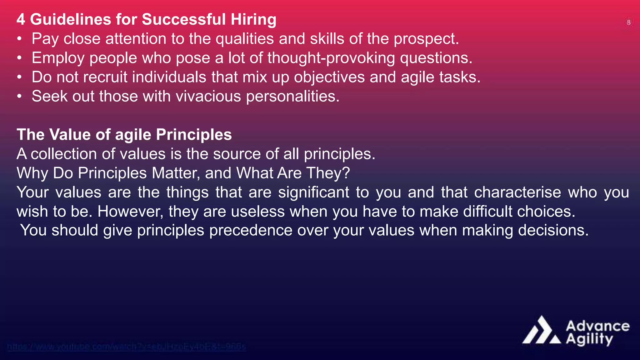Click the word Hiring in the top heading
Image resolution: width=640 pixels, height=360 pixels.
point(253,19)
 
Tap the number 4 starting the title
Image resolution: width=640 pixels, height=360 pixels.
point(21,19)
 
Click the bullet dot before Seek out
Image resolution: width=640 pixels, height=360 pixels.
point(19,97)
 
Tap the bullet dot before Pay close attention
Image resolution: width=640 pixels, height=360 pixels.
point(19,39)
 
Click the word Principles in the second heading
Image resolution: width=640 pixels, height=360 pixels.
point(194,135)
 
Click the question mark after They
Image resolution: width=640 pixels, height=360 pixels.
point(346,173)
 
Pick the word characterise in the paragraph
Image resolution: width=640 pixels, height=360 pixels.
point(517,192)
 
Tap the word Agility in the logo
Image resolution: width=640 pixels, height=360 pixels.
point(589,339)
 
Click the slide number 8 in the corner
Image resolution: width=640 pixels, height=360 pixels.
point(628,22)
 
